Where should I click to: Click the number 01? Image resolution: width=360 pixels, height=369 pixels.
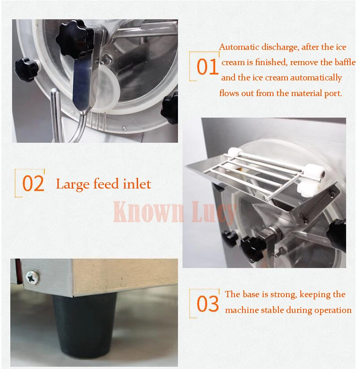click(x=208, y=67)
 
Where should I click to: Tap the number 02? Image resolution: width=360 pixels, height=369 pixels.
click(x=33, y=183)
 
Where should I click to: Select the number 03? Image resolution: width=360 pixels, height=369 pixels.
click(x=208, y=303)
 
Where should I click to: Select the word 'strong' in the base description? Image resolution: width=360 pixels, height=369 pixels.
click(x=284, y=294)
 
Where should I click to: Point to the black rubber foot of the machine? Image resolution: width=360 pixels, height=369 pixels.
click(x=84, y=326)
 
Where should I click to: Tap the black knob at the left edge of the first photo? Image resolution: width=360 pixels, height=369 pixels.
click(x=26, y=70)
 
